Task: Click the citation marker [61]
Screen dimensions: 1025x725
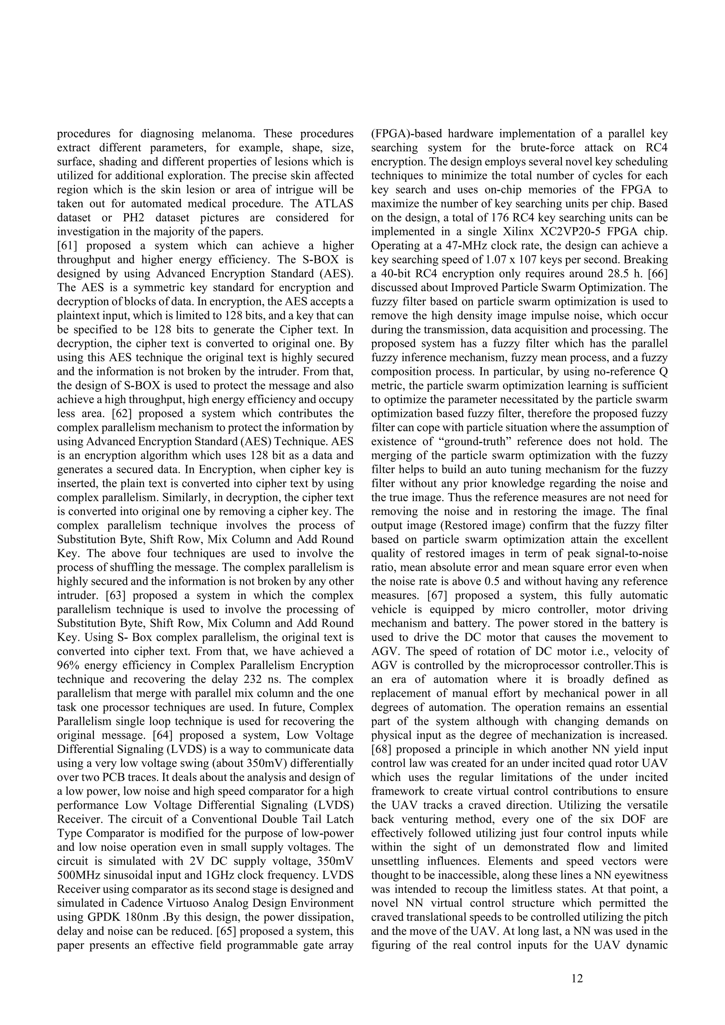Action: tap(68, 246)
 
